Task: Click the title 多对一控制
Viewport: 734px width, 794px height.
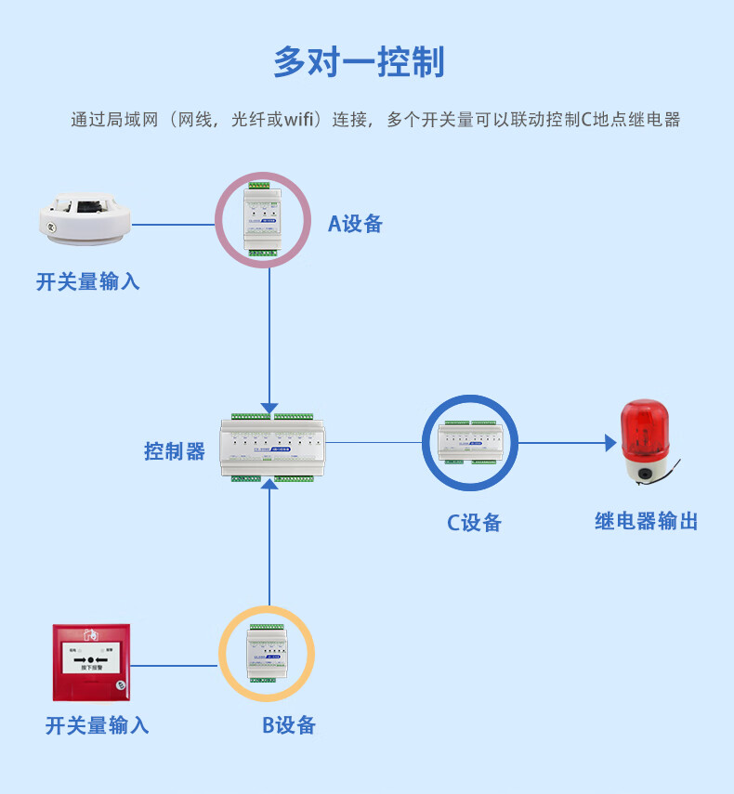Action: coord(359,61)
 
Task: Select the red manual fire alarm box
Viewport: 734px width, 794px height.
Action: coord(90,662)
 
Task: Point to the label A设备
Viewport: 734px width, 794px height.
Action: coord(355,223)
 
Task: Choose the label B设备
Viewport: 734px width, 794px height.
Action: coord(289,725)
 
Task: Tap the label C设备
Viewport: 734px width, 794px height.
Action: coord(474,523)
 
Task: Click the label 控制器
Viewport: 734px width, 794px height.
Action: coord(175,451)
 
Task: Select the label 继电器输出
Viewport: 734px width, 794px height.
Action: coord(646,521)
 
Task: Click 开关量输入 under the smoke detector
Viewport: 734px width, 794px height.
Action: coord(88,281)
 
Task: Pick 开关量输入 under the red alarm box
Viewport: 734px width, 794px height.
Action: coord(97,725)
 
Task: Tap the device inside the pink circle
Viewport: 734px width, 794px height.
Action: coord(262,219)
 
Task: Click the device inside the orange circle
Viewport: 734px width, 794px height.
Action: coord(267,654)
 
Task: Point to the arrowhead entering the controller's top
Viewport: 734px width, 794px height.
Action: coord(269,408)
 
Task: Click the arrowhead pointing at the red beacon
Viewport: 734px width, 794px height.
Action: coord(610,443)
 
